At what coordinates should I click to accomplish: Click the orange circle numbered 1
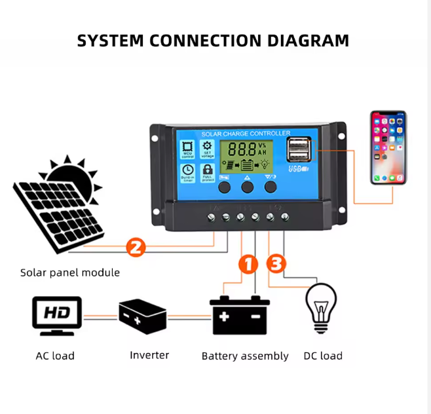[x=248, y=264]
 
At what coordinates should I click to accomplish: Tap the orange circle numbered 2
[x=135, y=248]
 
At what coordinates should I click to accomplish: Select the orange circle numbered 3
[x=276, y=264]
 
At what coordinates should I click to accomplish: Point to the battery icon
[x=239, y=315]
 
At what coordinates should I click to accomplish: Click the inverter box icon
[x=142, y=316]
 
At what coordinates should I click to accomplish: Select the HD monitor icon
[x=57, y=316]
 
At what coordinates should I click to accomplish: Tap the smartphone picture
[x=388, y=147]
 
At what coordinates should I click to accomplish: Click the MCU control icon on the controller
[x=187, y=149]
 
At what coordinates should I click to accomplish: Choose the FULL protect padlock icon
[x=208, y=172]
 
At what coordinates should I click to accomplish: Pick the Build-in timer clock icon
[x=187, y=172]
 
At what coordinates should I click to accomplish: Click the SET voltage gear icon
[x=208, y=149]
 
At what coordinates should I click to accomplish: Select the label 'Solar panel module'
[x=70, y=273]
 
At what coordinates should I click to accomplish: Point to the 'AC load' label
[x=55, y=356]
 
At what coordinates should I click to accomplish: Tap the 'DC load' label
[x=323, y=356]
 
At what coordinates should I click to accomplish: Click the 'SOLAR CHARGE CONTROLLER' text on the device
[x=246, y=134]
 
